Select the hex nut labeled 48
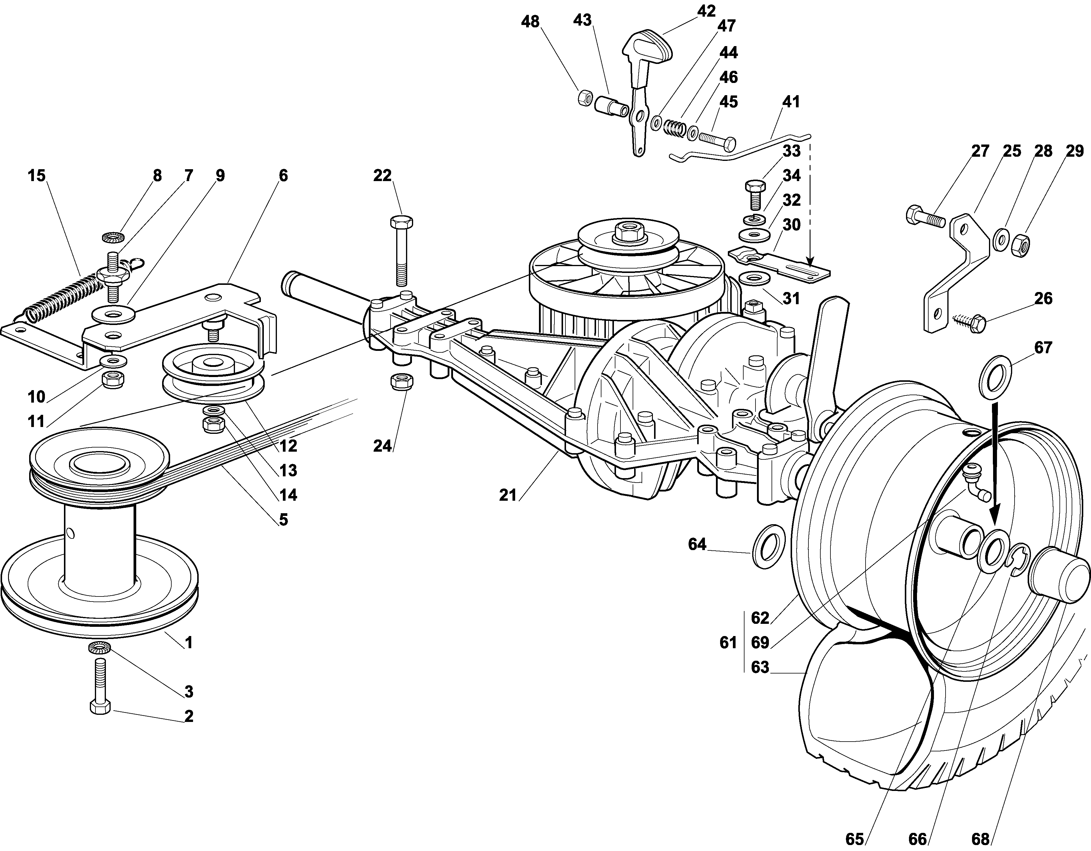(584, 98)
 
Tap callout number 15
(37, 175)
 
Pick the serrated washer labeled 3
(100, 648)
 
